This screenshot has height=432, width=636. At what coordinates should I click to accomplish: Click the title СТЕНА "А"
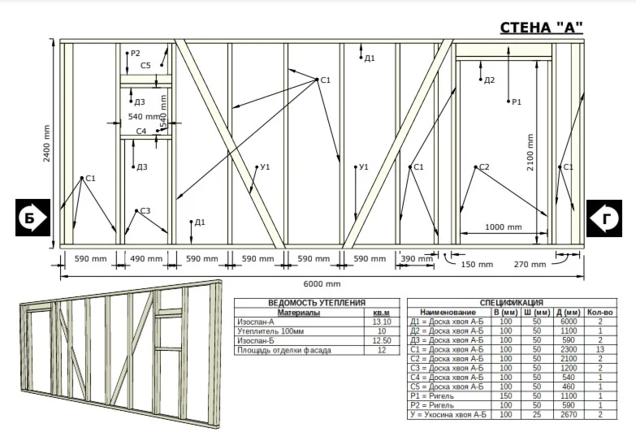pyautogui.click(x=541, y=28)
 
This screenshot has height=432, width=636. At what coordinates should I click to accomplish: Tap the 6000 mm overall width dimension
pyautogui.click(x=322, y=284)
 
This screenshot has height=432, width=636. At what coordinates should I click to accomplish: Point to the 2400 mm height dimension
pyautogui.click(x=47, y=143)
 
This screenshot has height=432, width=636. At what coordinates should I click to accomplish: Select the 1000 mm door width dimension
pyautogui.click(x=503, y=227)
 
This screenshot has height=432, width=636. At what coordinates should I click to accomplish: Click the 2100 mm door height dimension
pyautogui.click(x=530, y=152)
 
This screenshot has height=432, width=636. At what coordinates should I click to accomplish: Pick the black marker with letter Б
pyautogui.click(x=32, y=218)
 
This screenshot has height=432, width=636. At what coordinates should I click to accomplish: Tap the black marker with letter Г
pyautogui.click(x=604, y=218)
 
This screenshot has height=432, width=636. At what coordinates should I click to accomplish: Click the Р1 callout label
pyautogui.click(x=517, y=102)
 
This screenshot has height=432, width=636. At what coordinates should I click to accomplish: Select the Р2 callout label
pyautogui.click(x=135, y=53)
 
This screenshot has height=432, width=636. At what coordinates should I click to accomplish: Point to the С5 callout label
pyautogui.click(x=145, y=65)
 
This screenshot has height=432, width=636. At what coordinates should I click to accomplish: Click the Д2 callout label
pyautogui.click(x=490, y=80)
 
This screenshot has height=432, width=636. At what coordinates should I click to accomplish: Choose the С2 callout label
pyautogui.click(x=484, y=166)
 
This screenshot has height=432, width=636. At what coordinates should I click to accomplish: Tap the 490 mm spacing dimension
pyautogui.click(x=146, y=259)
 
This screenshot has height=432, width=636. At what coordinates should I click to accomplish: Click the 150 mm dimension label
pyautogui.click(x=477, y=265)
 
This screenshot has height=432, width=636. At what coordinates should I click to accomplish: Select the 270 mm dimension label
pyautogui.click(x=530, y=265)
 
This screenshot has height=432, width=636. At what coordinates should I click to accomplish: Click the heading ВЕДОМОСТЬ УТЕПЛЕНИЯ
pyautogui.click(x=317, y=303)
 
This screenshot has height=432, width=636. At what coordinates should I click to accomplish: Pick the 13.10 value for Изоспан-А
pyautogui.click(x=382, y=322)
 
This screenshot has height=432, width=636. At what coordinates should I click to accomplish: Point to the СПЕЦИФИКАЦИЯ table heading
pyautogui.click(x=512, y=303)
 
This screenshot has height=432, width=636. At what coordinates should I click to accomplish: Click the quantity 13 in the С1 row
pyautogui.click(x=600, y=349)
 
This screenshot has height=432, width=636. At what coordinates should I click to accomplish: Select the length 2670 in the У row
pyautogui.click(x=569, y=415)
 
